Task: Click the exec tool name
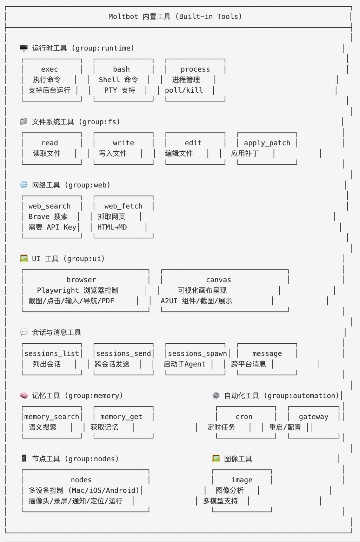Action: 49,69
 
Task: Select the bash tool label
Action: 121,69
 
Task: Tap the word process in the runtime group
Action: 195,69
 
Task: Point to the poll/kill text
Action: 184,90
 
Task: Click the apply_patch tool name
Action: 267,143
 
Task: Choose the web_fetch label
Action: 123,206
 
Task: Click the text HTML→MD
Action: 112,227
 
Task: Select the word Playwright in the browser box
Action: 58,290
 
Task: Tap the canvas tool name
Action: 219,280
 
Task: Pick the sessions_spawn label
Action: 198,353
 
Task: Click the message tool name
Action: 267,353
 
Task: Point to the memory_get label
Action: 121,417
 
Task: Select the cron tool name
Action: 244,417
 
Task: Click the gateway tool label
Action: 314,417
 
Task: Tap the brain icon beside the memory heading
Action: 24,396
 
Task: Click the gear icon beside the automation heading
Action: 216,396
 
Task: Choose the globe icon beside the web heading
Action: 24,185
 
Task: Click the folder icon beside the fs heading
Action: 24,121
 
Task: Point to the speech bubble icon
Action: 24,332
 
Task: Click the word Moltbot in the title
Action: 123,16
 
